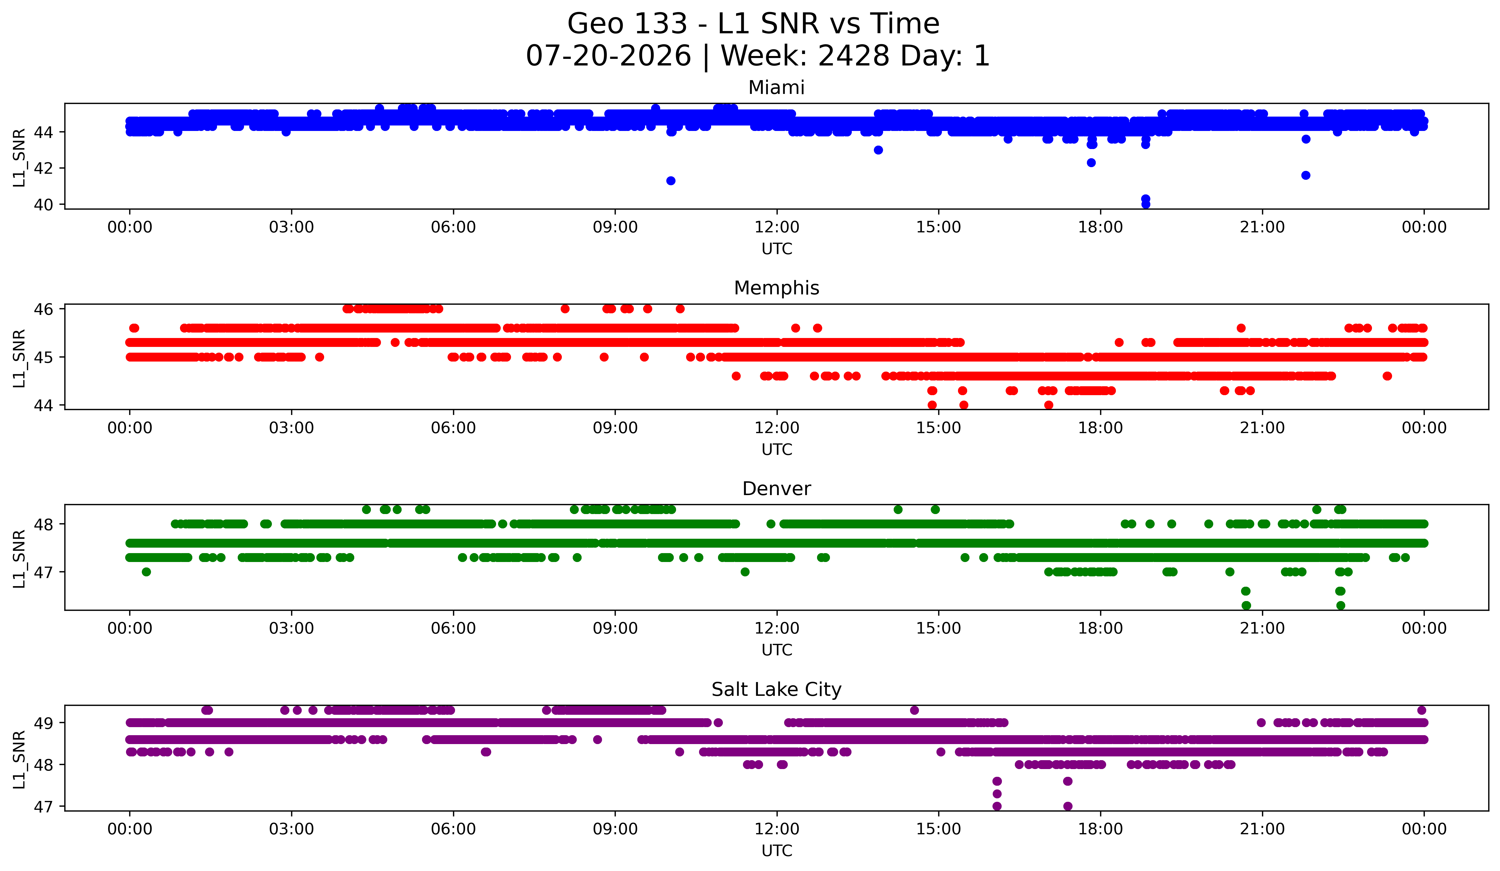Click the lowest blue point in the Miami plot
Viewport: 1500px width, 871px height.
1145,204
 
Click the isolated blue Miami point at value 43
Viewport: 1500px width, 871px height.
878,150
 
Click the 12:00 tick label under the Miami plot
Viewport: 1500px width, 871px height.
777,227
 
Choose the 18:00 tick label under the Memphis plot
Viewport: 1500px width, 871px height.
1101,428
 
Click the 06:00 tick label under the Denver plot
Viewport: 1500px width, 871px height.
454,629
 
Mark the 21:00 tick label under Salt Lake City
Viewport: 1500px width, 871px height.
1263,829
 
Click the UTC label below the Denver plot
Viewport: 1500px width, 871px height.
777,650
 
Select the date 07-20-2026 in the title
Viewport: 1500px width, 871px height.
608,56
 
